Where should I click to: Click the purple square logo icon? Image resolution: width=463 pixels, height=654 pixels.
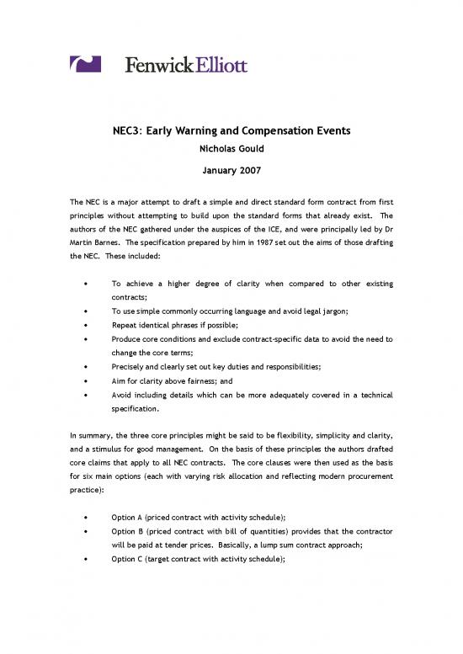(85, 64)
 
